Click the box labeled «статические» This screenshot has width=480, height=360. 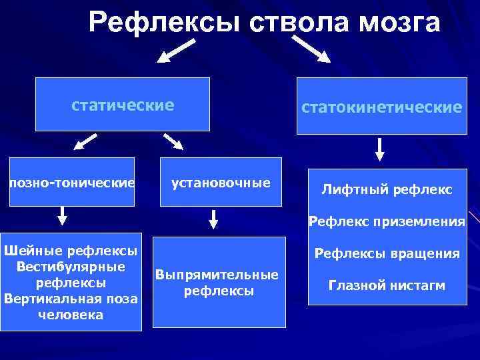(123, 105)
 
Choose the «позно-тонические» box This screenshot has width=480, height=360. (71, 182)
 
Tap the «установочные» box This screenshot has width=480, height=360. (221, 182)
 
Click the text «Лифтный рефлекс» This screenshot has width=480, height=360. (387, 190)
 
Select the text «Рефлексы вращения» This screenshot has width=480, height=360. (387, 253)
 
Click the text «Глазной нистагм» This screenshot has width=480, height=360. (387, 285)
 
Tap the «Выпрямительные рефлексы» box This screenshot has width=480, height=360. (217, 283)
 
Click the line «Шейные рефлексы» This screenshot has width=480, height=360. (71, 251)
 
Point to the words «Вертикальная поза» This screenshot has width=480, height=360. (71, 299)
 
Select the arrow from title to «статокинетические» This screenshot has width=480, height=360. (311, 50)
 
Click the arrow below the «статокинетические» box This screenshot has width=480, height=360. (379, 149)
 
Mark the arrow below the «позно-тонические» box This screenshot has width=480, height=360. (62, 215)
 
